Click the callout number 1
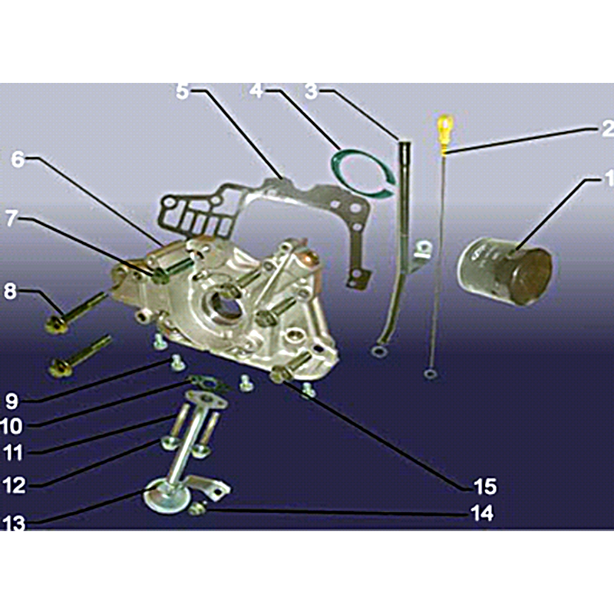point(609,178)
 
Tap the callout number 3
point(312,91)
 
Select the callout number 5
point(182,91)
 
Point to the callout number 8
point(11,292)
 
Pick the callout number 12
point(14,486)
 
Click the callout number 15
point(485,487)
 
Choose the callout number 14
point(482,513)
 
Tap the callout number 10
point(12,426)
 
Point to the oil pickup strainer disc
point(167,497)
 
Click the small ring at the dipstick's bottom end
point(431,374)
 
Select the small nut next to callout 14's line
point(198,508)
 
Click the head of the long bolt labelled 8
point(56,325)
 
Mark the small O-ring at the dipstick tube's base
point(378,352)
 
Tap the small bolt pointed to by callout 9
point(177,363)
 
